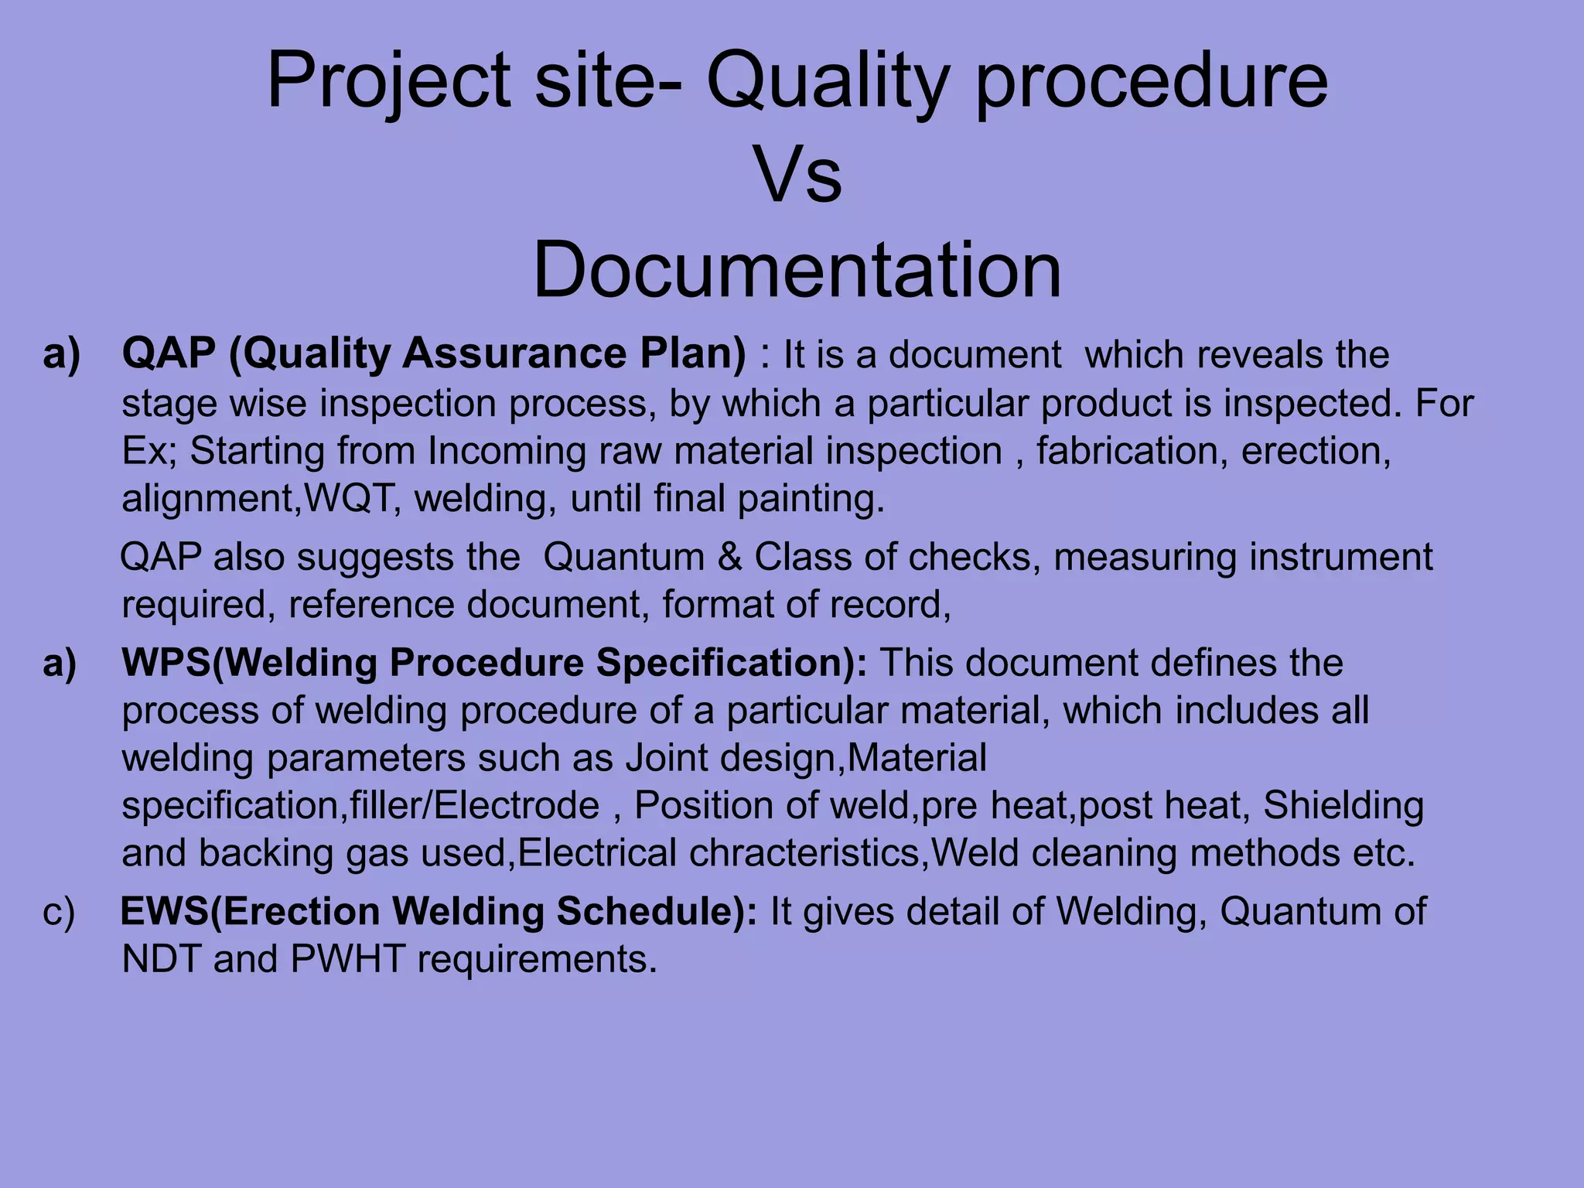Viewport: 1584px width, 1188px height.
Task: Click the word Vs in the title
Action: point(797,176)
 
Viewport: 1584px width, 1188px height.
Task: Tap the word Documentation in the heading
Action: point(797,270)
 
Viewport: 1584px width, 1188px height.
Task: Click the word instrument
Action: point(1341,557)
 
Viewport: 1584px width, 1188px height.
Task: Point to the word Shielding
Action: point(1343,805)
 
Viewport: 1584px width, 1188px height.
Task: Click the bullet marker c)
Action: point(59,912)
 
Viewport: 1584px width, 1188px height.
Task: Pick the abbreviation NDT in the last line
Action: point(161,960)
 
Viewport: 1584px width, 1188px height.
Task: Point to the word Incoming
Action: point(506,451)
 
